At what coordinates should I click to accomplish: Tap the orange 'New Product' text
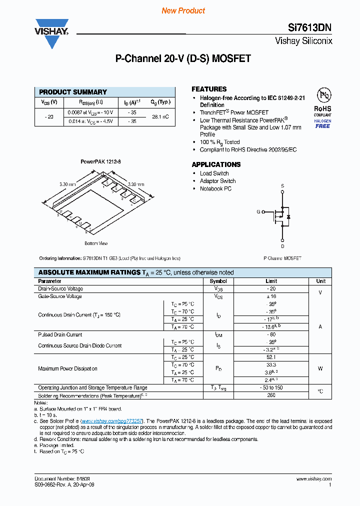[x=183, y=10]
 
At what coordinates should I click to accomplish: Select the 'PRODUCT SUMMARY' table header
[x=73, y=92]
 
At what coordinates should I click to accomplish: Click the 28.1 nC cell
[x=160, y=116]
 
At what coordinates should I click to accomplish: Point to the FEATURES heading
[x=209, y=89]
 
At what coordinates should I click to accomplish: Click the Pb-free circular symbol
[x=322, y=95]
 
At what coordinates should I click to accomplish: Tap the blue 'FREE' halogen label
[x=322, y=126]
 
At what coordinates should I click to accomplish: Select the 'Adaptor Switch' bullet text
[x=217, y=181]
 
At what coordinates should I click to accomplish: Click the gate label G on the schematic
[x=258, y=212]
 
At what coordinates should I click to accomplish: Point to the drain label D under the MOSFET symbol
[x=282, y=246]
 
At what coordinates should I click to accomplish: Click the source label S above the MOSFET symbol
[x=282, y=186]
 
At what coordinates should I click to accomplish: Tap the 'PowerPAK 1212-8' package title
[x=101, y=162]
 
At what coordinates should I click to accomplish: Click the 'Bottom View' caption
[x=96, y=243]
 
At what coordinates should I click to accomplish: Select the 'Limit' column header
[x=271, y=281]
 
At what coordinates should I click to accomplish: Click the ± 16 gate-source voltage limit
[x=271, y=296]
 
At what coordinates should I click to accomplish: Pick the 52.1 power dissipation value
[x=271, y=357]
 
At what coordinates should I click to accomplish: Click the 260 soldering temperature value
[x=271, y=395]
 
